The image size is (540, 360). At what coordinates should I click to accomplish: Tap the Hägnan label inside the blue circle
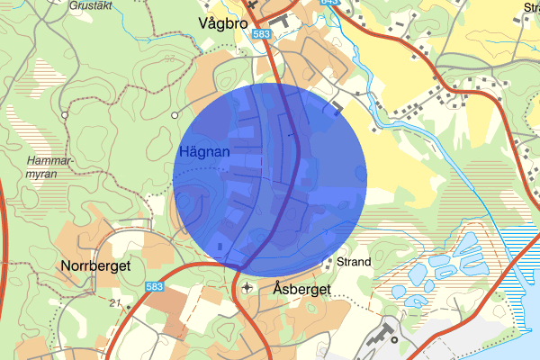tap(204, 152)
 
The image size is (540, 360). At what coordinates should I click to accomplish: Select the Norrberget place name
tap(96, 266)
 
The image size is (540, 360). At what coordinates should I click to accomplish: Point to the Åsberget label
tap(301, 290)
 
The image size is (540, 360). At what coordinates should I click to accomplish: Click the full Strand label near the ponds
tap(354, 263)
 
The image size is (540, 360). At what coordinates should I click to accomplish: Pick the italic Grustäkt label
tap(93, 4)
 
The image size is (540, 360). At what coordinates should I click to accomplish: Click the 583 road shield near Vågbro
tap(262, 34)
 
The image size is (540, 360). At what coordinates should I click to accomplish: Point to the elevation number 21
tap(113, 301)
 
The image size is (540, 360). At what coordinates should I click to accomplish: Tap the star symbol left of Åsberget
tap(247, 288)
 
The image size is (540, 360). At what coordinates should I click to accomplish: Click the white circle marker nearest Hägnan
tap(175, 115)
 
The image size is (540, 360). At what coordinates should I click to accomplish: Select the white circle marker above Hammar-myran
tap(65, 115)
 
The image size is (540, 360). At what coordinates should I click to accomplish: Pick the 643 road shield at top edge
tap(329, 3)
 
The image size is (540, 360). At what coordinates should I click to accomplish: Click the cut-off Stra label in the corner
tap(530, 7)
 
